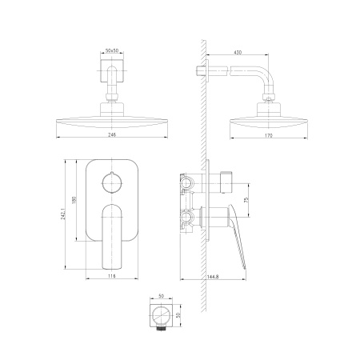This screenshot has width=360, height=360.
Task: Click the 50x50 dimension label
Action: (x=112, y=50)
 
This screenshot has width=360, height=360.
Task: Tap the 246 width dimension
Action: (x=112, y=134)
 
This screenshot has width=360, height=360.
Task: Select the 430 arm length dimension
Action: (x=238, y=52)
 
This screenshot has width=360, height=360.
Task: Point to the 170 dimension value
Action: (x=269, y=135)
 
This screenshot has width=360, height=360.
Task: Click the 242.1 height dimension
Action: (x=63, y=214)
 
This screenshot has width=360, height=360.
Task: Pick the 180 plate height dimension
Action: (x=74, y=200)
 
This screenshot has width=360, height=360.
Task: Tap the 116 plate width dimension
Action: (x=112, y=276)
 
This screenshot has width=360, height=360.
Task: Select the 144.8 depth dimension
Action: (x=213, y=277)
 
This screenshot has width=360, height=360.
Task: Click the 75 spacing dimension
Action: (x=246, y=200)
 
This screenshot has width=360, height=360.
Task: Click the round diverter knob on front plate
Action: (x=112, y=182)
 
